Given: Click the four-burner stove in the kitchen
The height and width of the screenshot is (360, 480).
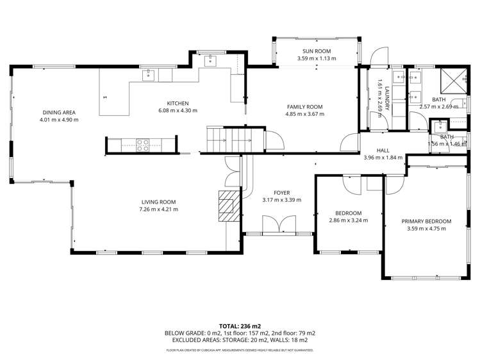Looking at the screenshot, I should point(143,145).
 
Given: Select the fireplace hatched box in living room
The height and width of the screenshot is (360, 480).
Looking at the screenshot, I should point(228,206).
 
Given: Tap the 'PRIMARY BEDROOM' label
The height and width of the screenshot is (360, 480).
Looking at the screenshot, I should point(426,222).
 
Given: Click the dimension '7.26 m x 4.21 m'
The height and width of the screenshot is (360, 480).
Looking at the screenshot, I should point(158,209).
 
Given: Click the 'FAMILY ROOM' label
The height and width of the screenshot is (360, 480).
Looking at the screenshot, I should point(304,107).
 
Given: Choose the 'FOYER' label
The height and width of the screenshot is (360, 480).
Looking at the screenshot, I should point(281,192).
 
